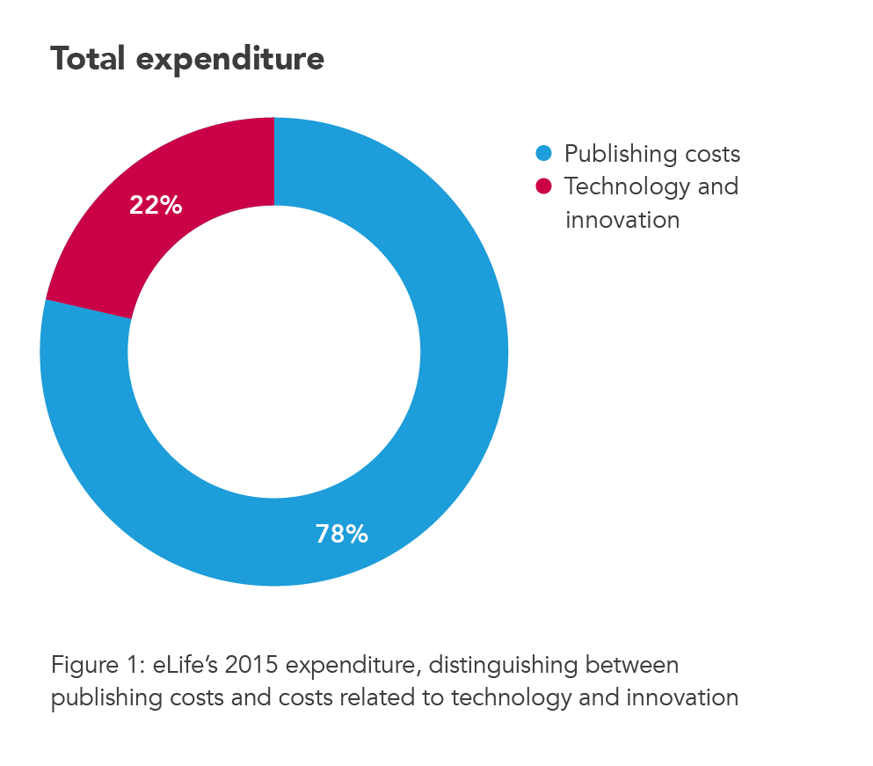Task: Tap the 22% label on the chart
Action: pyautogui.click(x=156, y=206)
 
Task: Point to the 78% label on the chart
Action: pyautogui.click(x=341, y=534)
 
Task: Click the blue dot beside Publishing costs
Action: pyautogui.click(x=543, y=154)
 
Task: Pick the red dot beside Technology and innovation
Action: pyautogui.click(x=543, y=186)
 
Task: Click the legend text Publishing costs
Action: pyautogui.click(x=651, y=154)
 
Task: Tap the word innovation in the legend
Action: pyautogui.click(x=622, y=219)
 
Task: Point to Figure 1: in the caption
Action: pyautogui.click(x=96, y=665)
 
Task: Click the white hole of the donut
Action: pyautogui.click(x=274, y=352)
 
